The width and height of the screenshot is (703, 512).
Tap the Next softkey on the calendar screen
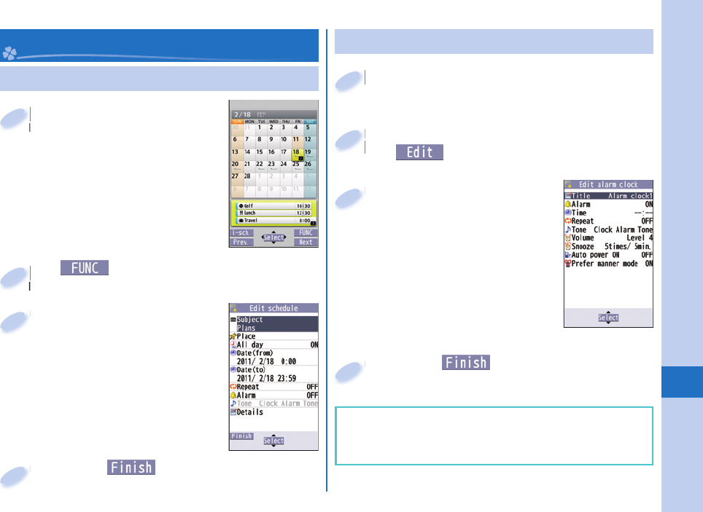(306, 242)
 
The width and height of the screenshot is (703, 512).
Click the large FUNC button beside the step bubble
(85, 268)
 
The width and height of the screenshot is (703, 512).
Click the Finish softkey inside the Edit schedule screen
(241, 436)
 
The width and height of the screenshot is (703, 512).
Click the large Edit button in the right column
(420, 152)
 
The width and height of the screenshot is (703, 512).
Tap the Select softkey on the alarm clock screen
(608, 318)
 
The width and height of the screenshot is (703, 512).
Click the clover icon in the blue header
(9, 53)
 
